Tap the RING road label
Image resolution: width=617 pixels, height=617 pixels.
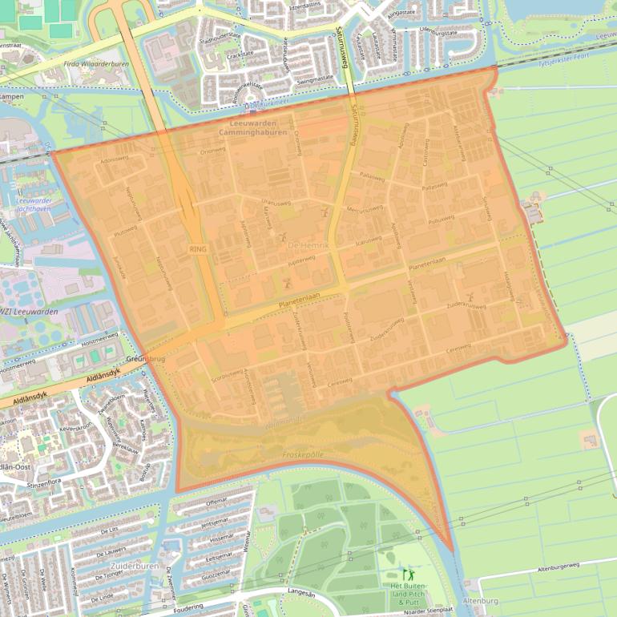coord(197,249)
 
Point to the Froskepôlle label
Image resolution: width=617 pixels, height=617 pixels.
coord(303,454)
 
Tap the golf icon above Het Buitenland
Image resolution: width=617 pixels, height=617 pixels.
coord(409,574)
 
